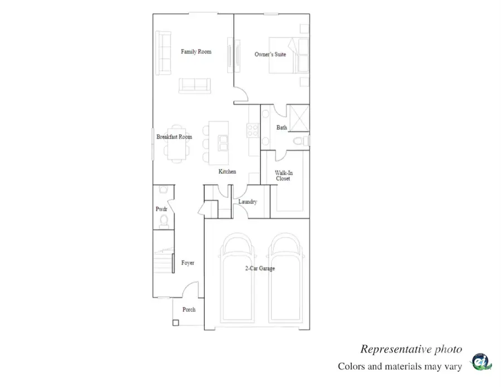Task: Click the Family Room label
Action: click(x=196, y=52)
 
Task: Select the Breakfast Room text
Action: click(x=174, y=137)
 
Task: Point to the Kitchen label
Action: click(x=227, y=172)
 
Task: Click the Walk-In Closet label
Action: click(x=284, y=176)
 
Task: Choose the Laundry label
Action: click(x=247, y=202)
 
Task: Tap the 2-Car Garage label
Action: click(x=259, y=268)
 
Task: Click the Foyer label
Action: click(x=188, y=263)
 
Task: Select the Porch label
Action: click(x=189, y=310)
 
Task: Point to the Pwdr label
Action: click(x=161, y=209)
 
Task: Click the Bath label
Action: click(x=282, y=128)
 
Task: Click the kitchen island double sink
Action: click(x=223, y=142)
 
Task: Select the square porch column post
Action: click(x=175, y=322)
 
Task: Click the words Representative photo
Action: click(x=411, y=349)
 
